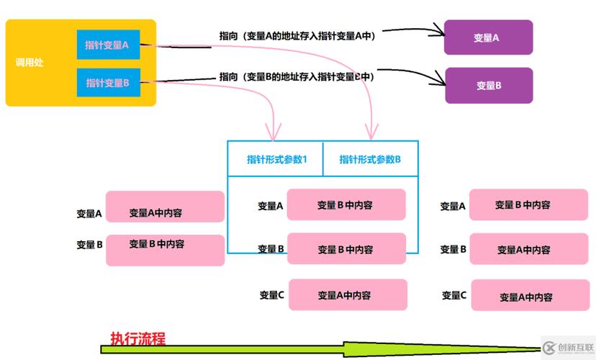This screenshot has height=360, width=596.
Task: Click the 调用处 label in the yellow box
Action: pos(30,63)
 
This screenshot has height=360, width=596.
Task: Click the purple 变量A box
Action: pos(488,37)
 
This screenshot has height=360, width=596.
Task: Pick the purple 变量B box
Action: pos(488,85)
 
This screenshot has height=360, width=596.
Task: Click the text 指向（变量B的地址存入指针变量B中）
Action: pos(297,76)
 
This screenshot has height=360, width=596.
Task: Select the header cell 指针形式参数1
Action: pos(276,159)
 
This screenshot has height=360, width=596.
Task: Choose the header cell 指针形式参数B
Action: pos(370,159)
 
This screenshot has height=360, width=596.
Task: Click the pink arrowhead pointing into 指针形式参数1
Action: pos(272,133)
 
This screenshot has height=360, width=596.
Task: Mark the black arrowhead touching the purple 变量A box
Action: pos(438,32)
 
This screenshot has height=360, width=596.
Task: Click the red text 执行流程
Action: pos(137,338)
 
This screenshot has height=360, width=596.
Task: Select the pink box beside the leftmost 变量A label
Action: pos(165,207)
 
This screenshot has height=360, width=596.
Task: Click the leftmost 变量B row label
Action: pos(90,245)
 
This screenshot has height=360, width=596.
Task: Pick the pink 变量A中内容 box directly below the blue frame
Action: pos(348,294)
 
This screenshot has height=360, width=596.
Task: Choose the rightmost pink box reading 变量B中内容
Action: pos(528,205)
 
